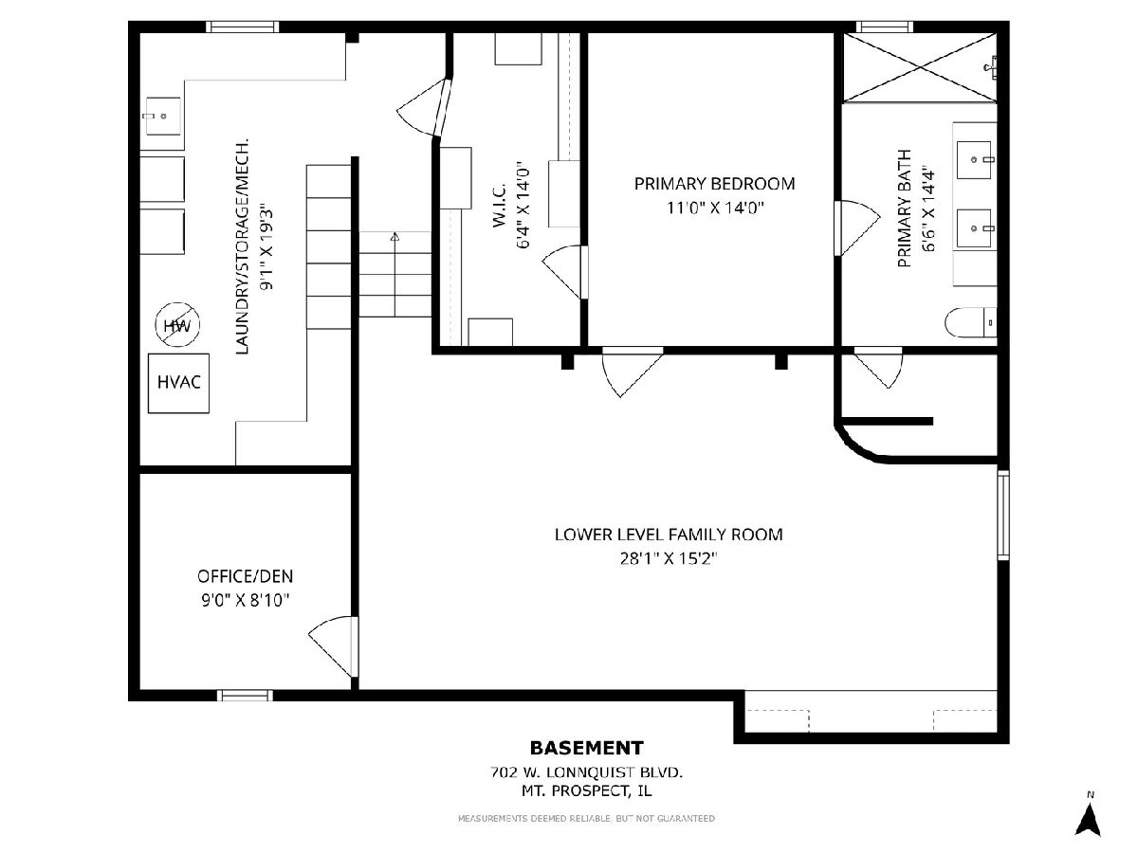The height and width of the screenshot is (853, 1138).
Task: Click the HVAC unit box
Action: pyautogui.click(x=178, y=383)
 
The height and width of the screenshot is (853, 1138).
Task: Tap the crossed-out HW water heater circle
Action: pyautogui.click(x=177, y=325)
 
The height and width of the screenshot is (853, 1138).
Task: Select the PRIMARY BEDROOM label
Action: pyautogui.click(x=714, y=183)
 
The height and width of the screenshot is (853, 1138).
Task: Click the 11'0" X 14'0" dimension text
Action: pyautogui.click(x=715, y=208)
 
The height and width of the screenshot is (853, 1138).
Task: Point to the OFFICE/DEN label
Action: pyautogui.click(x=246, y=576)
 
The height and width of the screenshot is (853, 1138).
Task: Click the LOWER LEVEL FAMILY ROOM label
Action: pyautogui.click(x=669, y=534)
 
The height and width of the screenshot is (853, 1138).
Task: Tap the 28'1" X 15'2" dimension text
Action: pyautogui.click(x=669, y=558)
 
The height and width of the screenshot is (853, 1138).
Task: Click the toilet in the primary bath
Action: pyautogui.click(x=970, y=322)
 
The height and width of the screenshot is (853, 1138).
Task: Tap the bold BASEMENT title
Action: pyautogui.click(x=586, y=748)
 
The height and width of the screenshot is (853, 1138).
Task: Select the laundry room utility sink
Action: pyautogui.click(x=162, y=116)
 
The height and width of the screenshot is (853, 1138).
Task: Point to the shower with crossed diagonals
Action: pyautogui.click(x=920, y=67)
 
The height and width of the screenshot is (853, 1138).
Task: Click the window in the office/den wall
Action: pyautogui.click(x=245, y=695)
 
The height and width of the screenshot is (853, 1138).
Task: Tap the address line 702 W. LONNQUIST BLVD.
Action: pyautogui.click(x=586, y=772)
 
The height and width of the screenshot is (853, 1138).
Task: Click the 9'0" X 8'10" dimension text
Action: pyautogui.click(x=246, y=600)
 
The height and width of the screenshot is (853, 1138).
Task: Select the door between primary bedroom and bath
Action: pyautogui.click(x=855, y=227)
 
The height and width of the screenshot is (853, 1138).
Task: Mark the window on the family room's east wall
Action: pyautogui.click(x=1003, y=515)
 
